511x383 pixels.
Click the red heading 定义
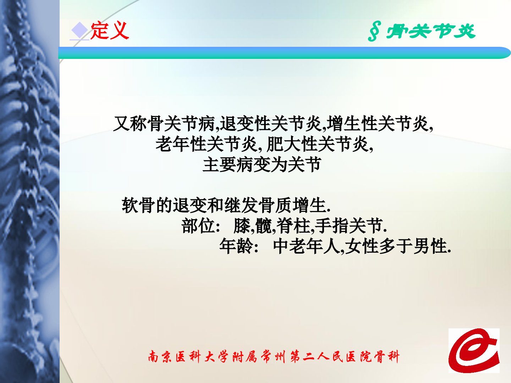[x=109, y=30]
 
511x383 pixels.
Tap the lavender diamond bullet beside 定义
[x=79, y=30]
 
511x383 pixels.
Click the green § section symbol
[x=374, y=31]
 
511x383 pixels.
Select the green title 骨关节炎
[x=430, y=31]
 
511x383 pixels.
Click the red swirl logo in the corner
[x=474, y=350]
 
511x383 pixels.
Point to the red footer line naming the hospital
[x=274, y=356]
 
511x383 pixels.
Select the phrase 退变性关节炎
[x=270, y=123]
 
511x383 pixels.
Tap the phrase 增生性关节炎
[x=377, y=123]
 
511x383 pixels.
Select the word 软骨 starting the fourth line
[x=138, y=205]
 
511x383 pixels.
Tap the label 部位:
[x=201, y=226]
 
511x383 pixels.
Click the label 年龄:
[x=239, y=246]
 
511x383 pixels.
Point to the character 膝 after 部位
[x=242, y=226]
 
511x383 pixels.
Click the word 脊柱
[x=293, y=226]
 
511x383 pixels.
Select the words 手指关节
[x=348, y=226]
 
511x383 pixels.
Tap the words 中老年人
[x=306, y=246]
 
